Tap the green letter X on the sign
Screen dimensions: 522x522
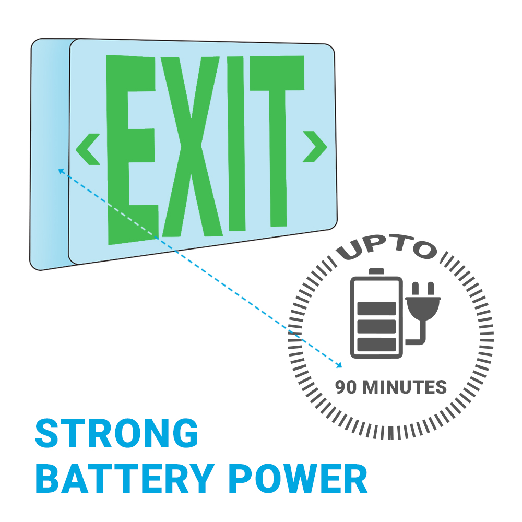[x=192, y=147]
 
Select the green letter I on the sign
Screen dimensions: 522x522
[x=236, y=144]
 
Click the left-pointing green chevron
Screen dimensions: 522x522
[x=87, y=149]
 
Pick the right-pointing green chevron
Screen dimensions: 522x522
[x=315, y=147]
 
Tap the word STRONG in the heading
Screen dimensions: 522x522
[x=116, y=433]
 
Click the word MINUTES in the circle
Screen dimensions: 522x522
[x=405, y=387]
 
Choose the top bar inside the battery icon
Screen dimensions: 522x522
[x=376, y=309]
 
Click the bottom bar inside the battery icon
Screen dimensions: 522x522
[x=376, y=344]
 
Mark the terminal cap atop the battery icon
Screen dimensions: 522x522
[x=376, y=271]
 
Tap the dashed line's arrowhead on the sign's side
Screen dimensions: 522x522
[x=61, y=171]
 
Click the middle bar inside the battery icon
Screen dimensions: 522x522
[x=376, y=326]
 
